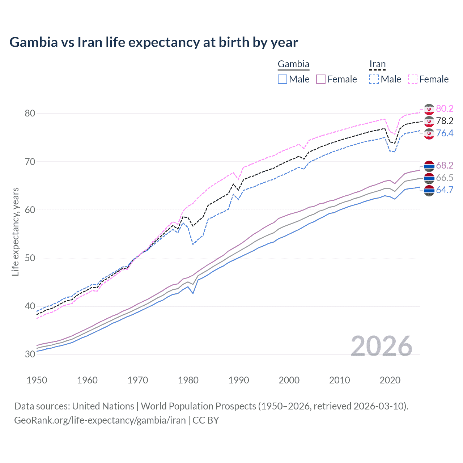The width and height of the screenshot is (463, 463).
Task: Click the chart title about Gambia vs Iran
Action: tap(154, 42)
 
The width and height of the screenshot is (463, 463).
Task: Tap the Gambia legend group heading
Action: tap(293, 64)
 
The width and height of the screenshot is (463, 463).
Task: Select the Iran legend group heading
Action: tap(377, 64)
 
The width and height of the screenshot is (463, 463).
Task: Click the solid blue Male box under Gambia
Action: tap(283, 79)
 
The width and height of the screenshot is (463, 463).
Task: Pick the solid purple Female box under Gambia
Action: tap(321, 79)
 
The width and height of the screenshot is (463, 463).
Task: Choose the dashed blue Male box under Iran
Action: tap(374, 79)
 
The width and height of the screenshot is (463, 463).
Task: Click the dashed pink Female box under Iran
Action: tap(413, 79)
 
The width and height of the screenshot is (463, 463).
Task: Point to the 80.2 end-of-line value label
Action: tap(445, 109)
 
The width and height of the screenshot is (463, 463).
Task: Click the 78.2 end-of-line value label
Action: tap(445, 121)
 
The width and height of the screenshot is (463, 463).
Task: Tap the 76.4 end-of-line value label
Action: tap(445, 133)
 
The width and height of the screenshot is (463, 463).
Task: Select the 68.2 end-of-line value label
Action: tap(445, 165)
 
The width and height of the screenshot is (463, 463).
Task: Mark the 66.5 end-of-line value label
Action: tap(445, 178)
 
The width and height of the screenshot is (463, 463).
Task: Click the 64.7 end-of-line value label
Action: tap(445, 190)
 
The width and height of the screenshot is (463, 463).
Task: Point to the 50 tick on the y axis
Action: tap(30, 258)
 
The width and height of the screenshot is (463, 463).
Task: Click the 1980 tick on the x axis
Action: tap(188, 380)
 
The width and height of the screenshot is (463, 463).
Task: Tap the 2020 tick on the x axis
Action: tap(390, 380)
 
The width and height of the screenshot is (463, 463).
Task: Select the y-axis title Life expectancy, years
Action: tap(15, 231)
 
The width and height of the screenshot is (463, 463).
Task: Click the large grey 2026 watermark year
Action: tap(382, 346)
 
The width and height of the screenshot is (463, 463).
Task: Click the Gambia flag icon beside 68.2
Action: tap(429, 166)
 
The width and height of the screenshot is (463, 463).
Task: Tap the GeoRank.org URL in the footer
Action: tap(100, 420)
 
